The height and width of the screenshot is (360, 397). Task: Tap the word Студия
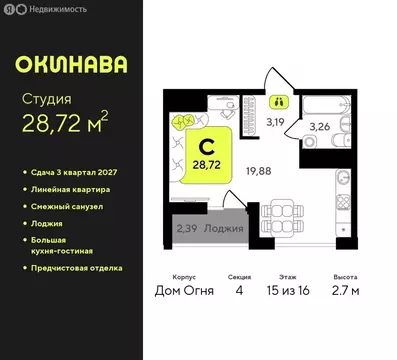(46, 99)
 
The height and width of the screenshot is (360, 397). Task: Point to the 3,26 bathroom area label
(319, 127)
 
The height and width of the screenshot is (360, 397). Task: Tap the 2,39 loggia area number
(186, 230)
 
